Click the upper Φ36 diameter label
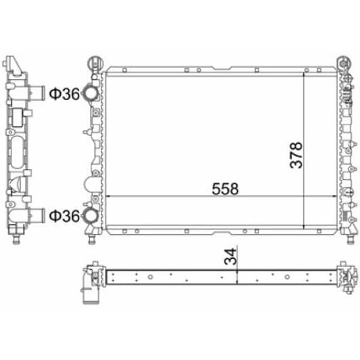(x=64, y=93)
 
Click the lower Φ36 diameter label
(x=64, y=216)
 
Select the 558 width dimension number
(x=225, y=189)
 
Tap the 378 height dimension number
(x=296, y=155)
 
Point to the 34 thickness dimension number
(x=230, y=256)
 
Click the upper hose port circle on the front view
(x=91, y=93)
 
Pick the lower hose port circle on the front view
(x=91, y=215)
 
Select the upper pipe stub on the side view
(x=37, y=93)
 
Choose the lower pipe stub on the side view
(x=37, y=215)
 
